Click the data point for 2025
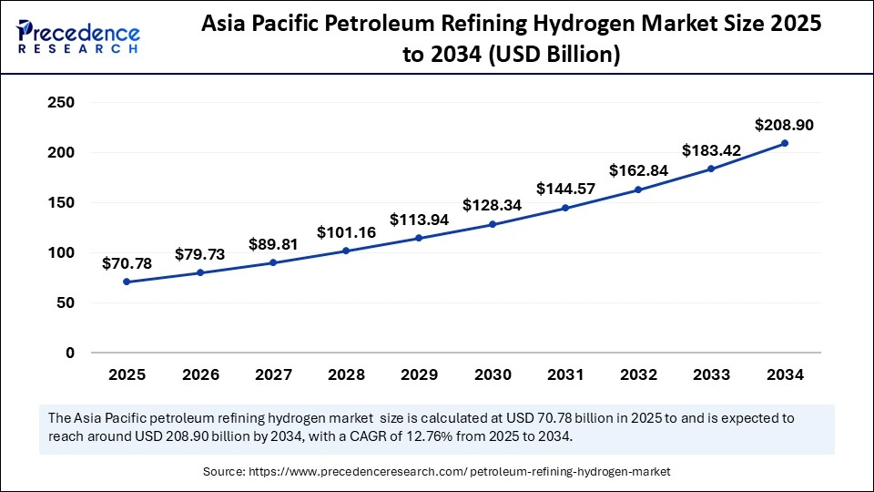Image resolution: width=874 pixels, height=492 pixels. coord(127,282)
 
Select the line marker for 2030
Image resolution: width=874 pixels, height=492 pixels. coord(493,224)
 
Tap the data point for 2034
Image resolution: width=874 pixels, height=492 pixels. coord(785,143)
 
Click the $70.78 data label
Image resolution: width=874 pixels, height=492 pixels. coord(127,263)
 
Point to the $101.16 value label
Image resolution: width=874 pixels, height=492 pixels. coord(346,232)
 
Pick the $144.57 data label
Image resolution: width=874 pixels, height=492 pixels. coord(565,189)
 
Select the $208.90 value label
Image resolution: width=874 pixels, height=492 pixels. coord(784,125)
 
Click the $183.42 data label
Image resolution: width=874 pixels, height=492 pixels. coord(712,150)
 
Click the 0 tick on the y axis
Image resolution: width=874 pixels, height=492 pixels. coord(69,353)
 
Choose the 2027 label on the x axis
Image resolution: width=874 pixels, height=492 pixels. coord(273,374)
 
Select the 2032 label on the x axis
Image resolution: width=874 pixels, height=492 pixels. coord(638,374)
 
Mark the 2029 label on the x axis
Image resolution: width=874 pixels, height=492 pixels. coord(419,374)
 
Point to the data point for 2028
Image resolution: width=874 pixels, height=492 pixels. coord(346,251)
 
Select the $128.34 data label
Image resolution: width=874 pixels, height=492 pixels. coord(493,205)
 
